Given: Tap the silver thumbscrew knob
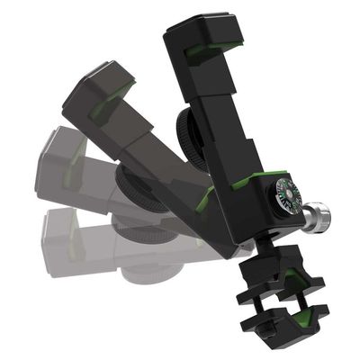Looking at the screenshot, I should [316, 216].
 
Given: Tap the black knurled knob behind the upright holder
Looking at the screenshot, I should [192, 135].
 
